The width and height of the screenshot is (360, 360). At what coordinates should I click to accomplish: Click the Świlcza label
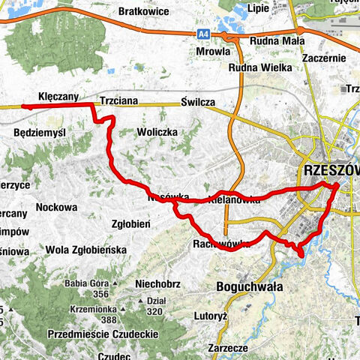pyautogui.click(x=197, y=102)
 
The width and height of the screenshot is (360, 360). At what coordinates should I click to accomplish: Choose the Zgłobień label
pyautogui.click(x=132, y=223)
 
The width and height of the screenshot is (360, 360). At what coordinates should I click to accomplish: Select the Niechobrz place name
pyautogui.click(x=158, y=283)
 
